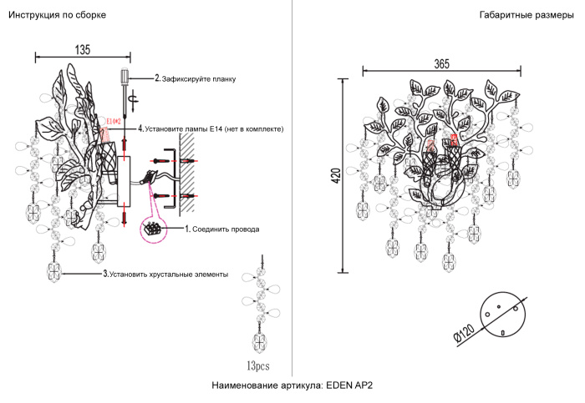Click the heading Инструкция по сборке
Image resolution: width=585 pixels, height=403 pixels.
pos(57,16)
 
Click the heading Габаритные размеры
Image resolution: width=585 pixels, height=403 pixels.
pos(527,16)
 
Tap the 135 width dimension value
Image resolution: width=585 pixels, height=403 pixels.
pos(82,49)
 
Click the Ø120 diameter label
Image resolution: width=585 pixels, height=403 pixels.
pos(464,334)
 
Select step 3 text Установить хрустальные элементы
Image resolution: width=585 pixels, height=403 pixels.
pos(165,274)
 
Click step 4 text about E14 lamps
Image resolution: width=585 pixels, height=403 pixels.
pos(213,129)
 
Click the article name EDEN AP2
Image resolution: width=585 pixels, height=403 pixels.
pos(292,385)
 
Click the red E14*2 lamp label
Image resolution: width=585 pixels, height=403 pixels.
pos(113,122)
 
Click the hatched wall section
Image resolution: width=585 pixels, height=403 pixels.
pos(189,171)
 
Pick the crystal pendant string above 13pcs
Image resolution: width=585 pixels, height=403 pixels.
pos(260,309)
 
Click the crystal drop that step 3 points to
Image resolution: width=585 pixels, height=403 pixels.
pos(56,271)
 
